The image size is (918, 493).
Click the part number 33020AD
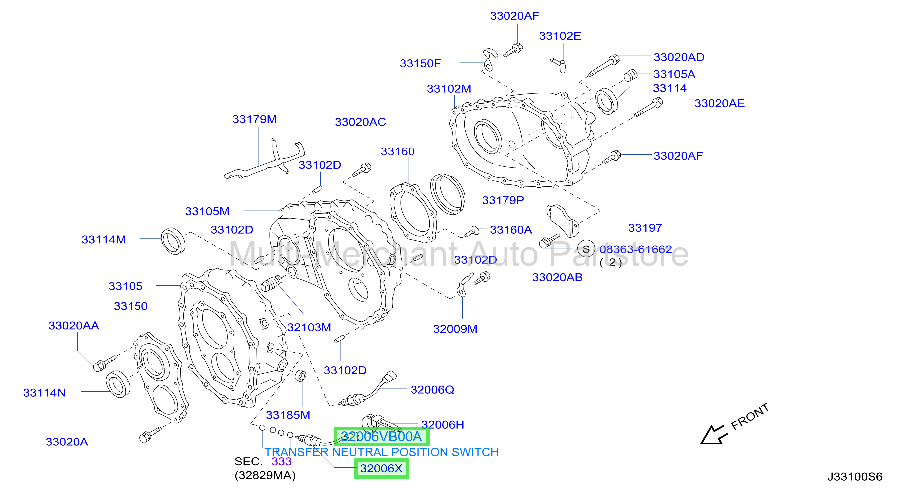(x=679, y=57)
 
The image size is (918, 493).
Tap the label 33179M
(x=254, y=119)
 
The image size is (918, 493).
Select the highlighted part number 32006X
(x=381, y=468)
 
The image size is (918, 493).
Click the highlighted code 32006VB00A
(x=381, y=436)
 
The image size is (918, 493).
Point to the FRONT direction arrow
(x=714, y=435)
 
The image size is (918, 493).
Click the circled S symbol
(x=586, y=249)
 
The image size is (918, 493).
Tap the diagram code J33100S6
(x=855, y=477)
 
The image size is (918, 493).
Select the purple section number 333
(x=282, y=462)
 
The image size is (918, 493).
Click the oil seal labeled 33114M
(x=173, y=241)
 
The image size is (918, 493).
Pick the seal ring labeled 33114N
(x=118, y=384)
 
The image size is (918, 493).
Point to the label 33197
(x=645, y=228)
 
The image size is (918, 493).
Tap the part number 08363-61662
(x=636, y=249)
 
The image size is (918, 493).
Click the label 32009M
(x=455, y=329)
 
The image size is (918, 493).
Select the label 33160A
(x=511, y=230)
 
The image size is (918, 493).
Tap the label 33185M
(x=288, y=415)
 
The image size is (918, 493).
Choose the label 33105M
(x=207, y=211)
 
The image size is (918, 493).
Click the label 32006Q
(x=432, y=390)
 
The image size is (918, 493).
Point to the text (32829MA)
(x=265, y=475)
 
